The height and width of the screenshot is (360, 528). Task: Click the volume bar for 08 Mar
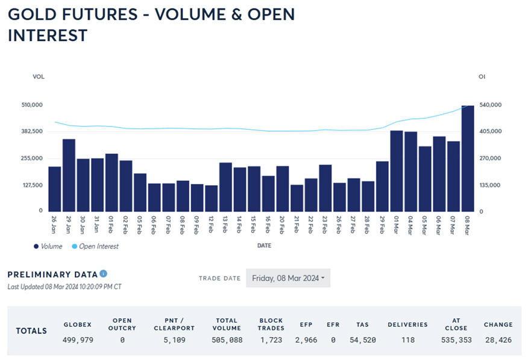point(468,159)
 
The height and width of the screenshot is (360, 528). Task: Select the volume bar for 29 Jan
point(69,175)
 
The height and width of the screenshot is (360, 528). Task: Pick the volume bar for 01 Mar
point(397,171)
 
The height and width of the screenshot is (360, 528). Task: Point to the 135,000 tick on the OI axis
point(490,185)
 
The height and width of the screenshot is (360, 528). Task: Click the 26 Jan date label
point(55,226)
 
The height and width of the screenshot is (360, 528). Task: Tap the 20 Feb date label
point(283,226)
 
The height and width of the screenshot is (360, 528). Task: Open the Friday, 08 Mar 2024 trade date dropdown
point(288,278)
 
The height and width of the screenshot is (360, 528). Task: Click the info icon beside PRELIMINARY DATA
point(104,274)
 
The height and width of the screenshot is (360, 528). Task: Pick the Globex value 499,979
point(77,340)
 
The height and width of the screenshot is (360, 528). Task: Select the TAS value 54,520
point(362,340)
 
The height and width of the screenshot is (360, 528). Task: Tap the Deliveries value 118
point(407,340)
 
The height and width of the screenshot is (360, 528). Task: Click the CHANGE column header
point(498,324)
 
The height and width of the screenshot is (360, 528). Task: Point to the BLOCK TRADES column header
point(271,324)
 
